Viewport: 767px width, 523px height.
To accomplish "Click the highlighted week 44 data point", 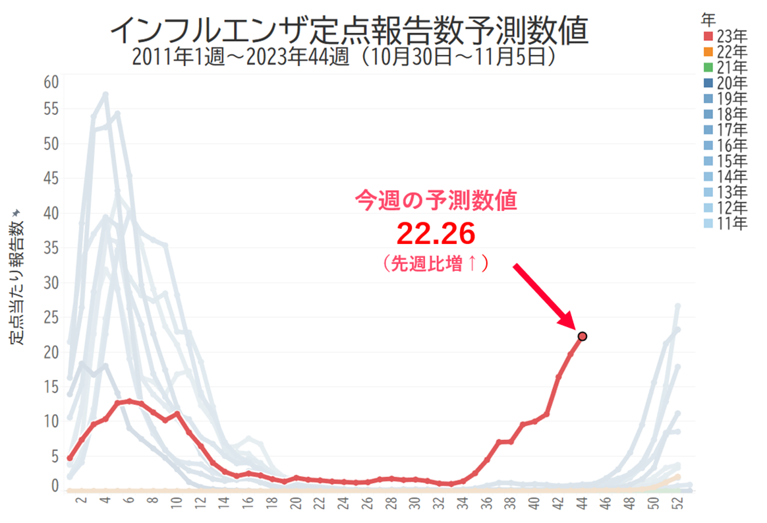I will tap(582, 336).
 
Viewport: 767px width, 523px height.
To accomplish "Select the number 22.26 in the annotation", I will tap(436, 233).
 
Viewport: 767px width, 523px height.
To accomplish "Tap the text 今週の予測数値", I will tap(436, 199).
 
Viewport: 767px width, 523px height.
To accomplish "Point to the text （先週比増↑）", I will tap(436, 264).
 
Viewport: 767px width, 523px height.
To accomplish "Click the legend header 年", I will tap(709, 20).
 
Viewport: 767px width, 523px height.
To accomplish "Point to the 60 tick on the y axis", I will tap(51, 82).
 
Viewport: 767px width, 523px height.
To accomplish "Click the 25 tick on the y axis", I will tap(51, 318).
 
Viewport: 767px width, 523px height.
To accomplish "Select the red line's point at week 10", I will tap(177, 414).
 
